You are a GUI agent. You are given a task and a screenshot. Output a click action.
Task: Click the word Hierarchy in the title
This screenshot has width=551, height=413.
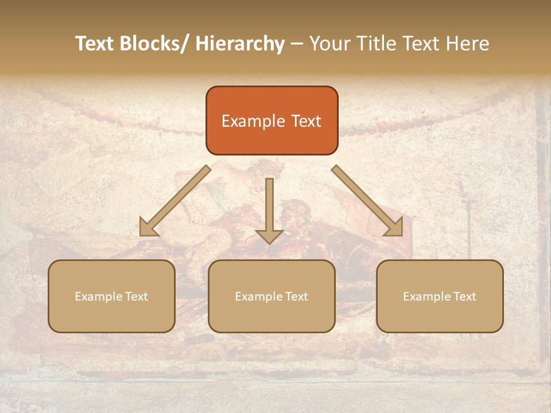[x=239, y=44]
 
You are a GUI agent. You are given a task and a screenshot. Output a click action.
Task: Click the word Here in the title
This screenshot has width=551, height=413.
[x=468, y=44]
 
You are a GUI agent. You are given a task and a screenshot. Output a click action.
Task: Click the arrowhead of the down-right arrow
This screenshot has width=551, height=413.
[x=394, y=228]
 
